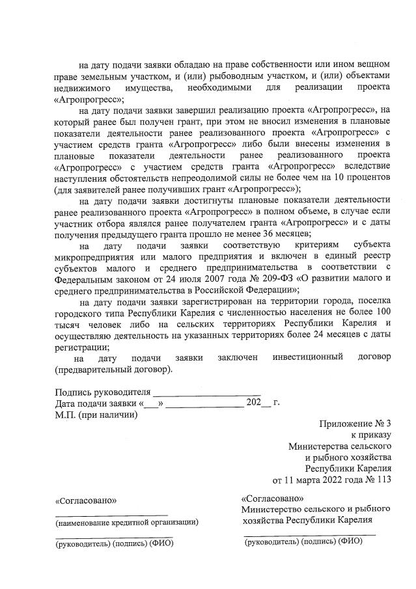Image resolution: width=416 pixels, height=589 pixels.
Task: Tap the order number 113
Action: pos(383,480)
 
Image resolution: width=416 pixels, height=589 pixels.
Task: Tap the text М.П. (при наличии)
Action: pos(96,415)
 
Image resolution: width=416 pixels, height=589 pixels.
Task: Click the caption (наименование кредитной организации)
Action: pos(127,521)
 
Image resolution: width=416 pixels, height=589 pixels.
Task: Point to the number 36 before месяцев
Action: pos(268,232)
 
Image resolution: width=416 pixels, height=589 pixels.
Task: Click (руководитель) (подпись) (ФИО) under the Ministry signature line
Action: pos(303,540)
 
